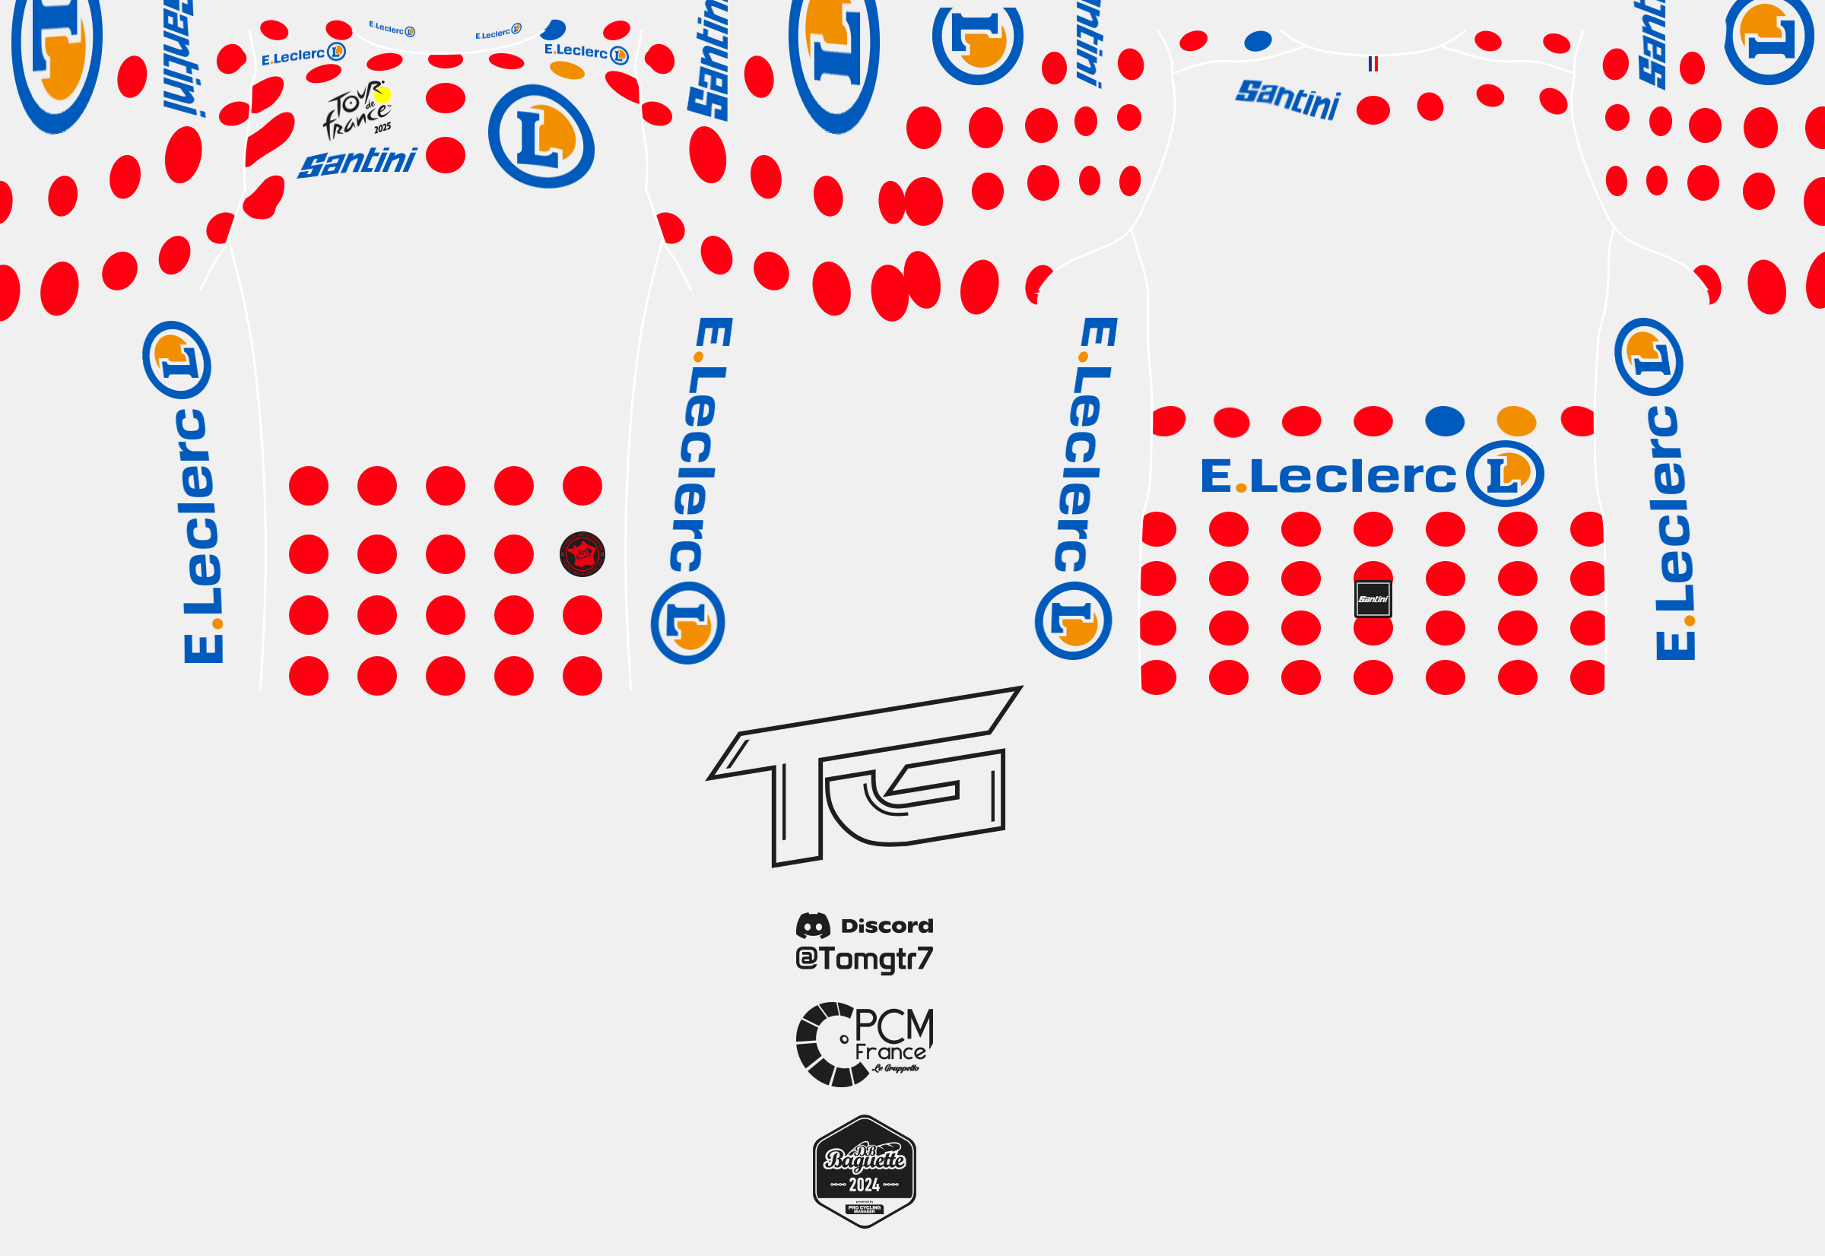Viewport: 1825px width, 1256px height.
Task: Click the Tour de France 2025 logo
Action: coord(357,110)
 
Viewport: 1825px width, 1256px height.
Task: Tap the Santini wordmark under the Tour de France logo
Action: coord(357,162)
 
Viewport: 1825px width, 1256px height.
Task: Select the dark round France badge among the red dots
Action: coord(582,554)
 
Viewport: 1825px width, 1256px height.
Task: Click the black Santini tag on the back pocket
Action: coord(1373,599)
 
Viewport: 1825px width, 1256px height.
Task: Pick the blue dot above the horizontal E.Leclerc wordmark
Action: coord(1444,421)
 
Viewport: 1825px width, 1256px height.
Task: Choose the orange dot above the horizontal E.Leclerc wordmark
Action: coord(1516,421)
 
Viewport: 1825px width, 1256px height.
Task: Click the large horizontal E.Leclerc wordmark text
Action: coord(1328,476)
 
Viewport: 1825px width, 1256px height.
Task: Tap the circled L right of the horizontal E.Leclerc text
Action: coord(1505,474)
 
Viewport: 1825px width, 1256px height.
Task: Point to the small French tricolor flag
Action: coord(1373,64)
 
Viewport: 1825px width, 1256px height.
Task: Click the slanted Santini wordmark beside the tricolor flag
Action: coord(1287,99)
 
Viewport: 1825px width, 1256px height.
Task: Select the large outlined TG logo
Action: coord(864,775)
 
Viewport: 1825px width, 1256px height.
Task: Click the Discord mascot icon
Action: coord(813,925)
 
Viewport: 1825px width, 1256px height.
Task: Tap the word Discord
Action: coord(887,925)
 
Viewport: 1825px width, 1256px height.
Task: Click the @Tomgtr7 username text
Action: coord(864,959)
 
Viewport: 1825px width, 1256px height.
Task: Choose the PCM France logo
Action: coord(864,1045)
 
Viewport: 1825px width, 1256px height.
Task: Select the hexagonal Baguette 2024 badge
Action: coord(864,1171)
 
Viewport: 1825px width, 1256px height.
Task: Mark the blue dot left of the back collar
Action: coord(1258,41)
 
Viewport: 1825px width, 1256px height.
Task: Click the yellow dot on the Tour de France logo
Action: coord(382,95)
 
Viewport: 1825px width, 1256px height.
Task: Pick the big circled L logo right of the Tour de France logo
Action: coord(541,136)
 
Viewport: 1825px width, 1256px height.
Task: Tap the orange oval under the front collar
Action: coord(567,71)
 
